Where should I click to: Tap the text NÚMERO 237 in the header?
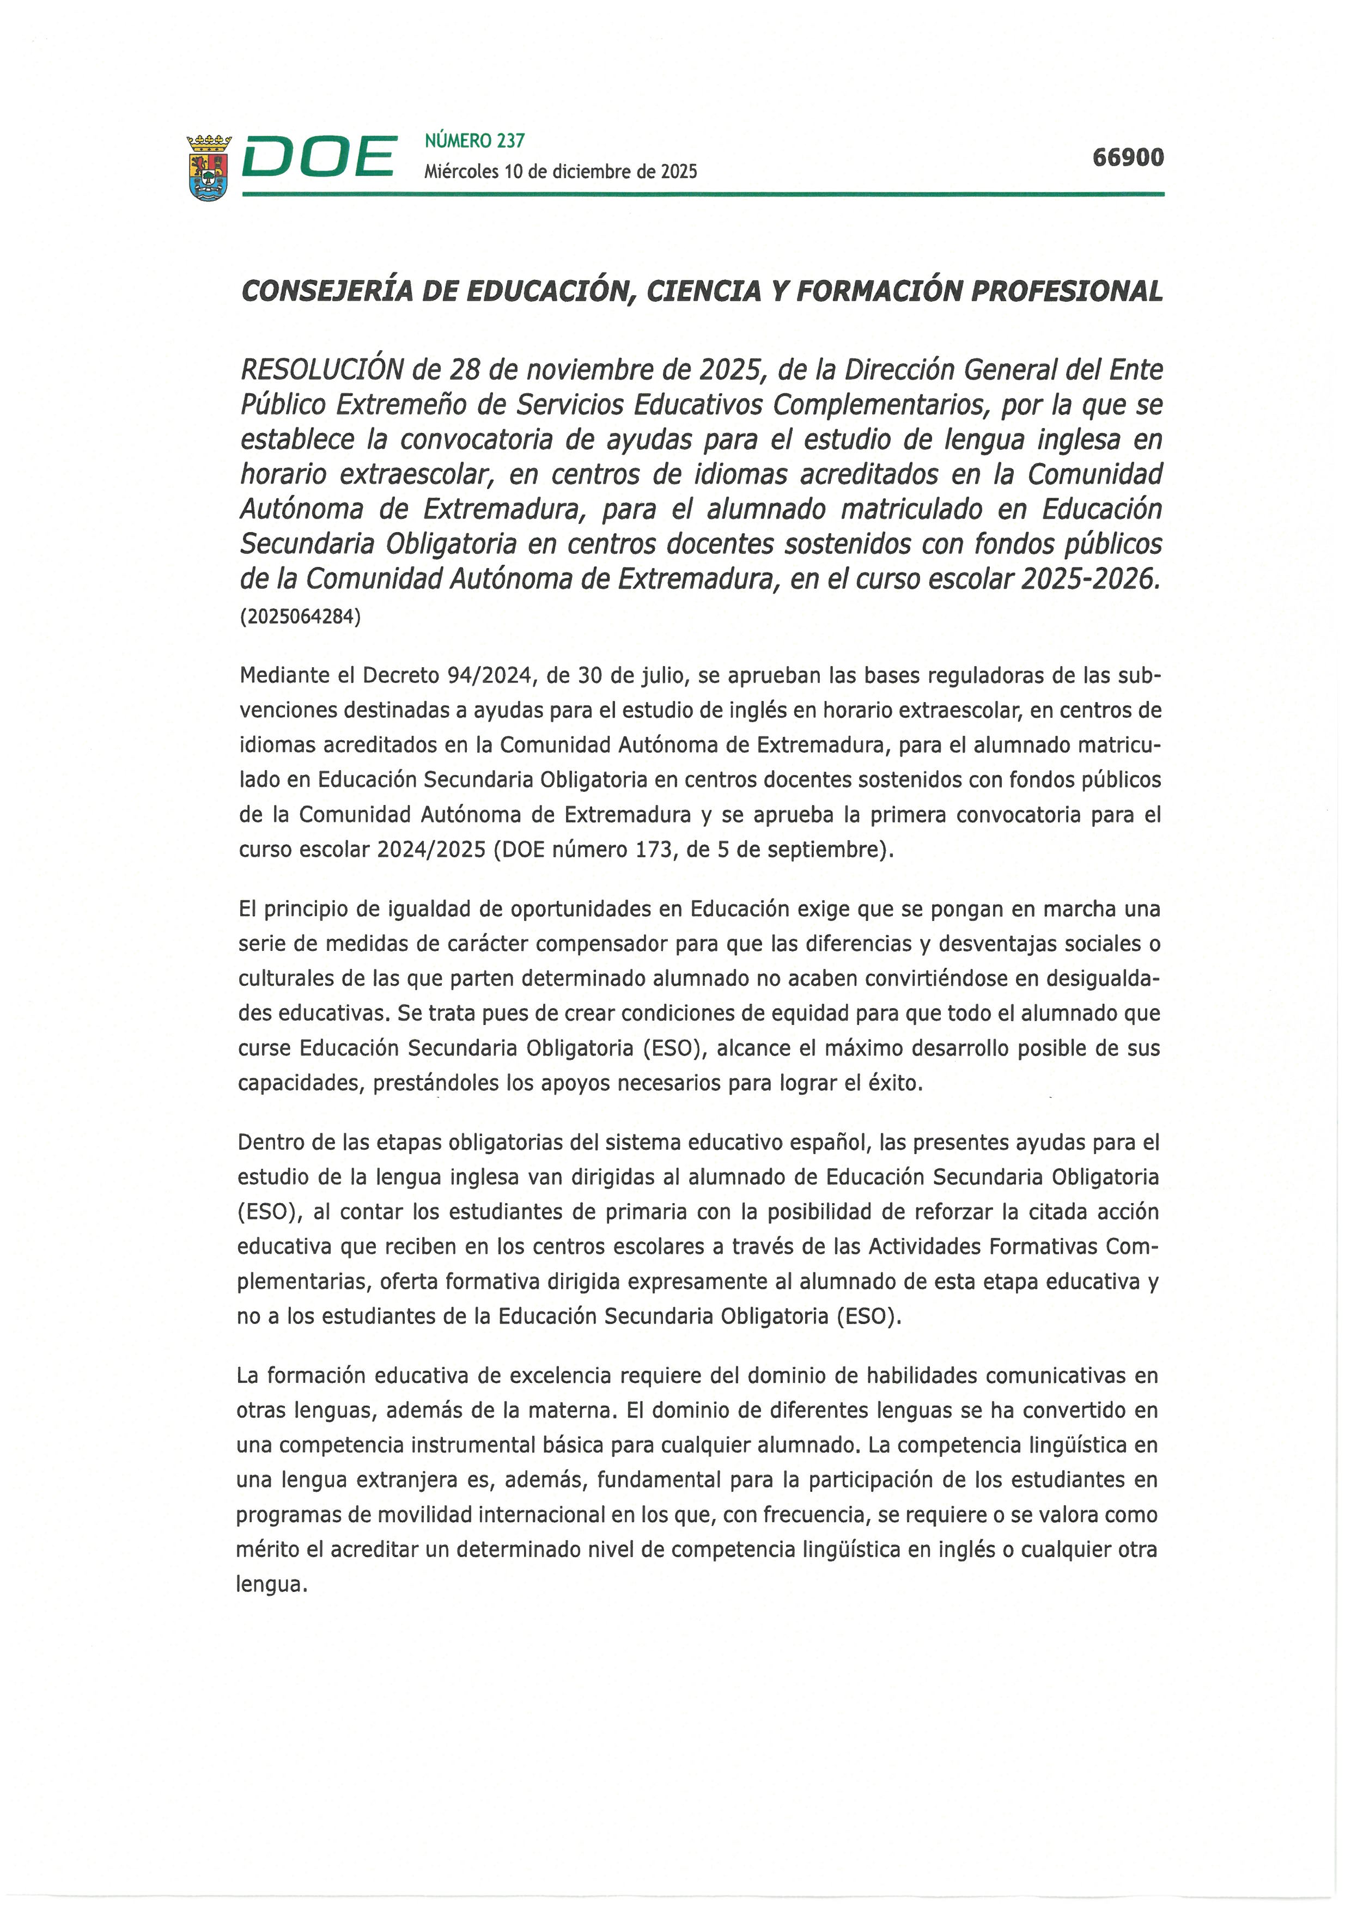(474, 141)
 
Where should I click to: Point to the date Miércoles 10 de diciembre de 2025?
(560, 172)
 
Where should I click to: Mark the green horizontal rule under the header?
(702, 194)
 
